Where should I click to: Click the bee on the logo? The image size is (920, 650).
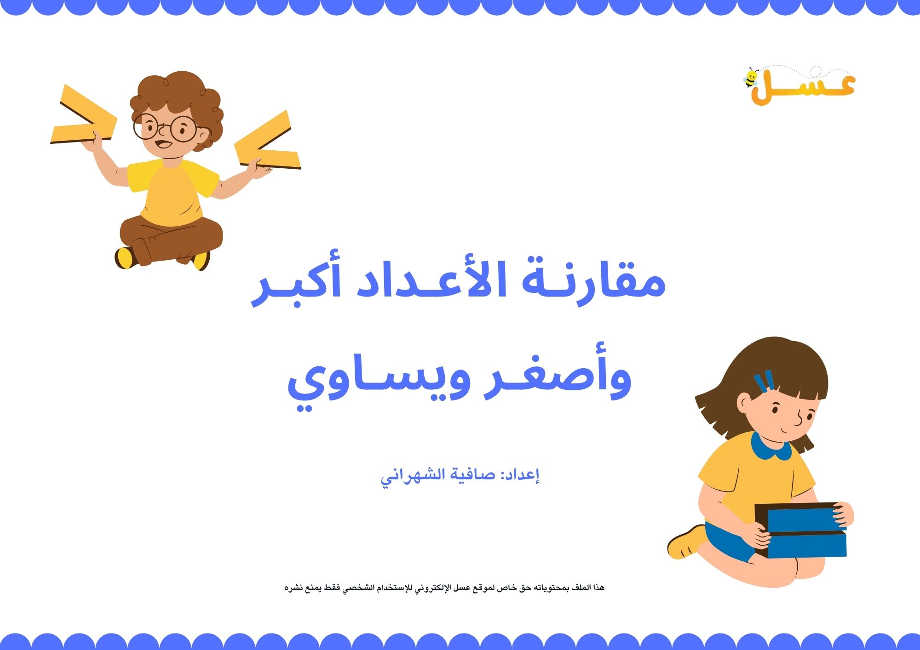tap(751, 78)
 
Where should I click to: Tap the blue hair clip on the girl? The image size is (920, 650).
tap(764, 382)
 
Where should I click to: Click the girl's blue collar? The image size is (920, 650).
tap(771, 448)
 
